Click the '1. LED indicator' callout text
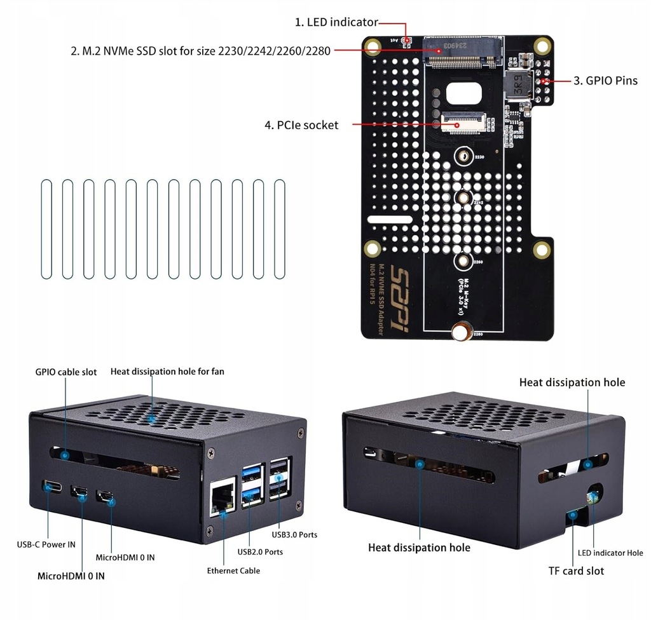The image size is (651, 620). [336, 22]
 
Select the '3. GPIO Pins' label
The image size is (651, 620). [605, 81]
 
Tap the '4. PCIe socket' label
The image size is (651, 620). [301, 125]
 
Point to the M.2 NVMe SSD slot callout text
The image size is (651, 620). [200, 51]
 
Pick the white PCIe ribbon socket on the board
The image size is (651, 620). [461, 123]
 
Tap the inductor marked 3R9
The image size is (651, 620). [518, 84]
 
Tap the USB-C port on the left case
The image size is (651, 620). [53, 487]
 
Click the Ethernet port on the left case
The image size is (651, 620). [222, 496]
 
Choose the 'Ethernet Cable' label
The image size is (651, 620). [233, 570]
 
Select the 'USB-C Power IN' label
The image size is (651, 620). [46, 544]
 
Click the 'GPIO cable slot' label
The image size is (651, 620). [66, 372]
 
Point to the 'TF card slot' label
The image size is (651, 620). [576, 570]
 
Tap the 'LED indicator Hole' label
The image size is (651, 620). [610, 553]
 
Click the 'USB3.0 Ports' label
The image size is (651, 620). [294, 534]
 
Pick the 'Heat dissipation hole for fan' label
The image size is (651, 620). [167, 371]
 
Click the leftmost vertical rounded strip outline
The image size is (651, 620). [46, 229]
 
